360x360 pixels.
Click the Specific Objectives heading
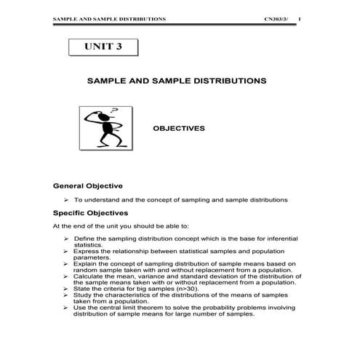pyautogui.click(x=90, y=213)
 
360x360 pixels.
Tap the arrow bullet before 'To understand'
pyautogui.click(x=66, y=199)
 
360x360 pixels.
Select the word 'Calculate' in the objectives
pyautogui.click(x=89, y=277)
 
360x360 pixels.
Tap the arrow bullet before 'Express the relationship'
pyautogui.click(x=66, y=251)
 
